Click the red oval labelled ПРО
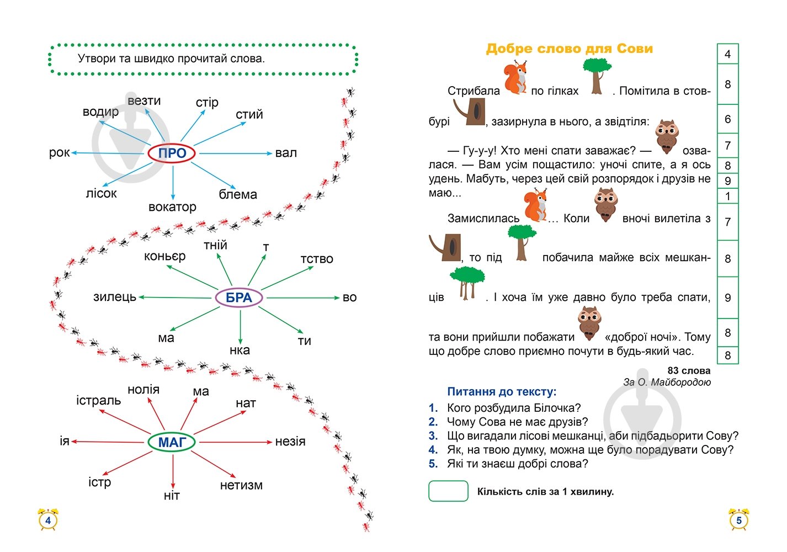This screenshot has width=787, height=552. (x=172, y=153)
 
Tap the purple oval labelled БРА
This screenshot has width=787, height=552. (x=239, y=298)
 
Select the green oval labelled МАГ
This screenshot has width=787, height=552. (x=172, y=442)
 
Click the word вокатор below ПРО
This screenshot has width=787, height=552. (x=172, y=207)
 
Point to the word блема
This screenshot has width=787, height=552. (x=238, y=194)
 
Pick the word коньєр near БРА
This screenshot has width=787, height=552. (x=164, y=256)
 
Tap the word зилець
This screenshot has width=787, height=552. (x=115, y=297)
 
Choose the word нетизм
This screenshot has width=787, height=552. (x=241, y=485)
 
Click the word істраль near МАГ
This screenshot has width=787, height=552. (x=98, y=400)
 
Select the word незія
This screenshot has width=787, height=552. (x=290, y=442)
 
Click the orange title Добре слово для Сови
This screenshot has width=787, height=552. (x=569, y=49)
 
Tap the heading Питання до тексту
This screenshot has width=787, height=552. (x=502, y=392)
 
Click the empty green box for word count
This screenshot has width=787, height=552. (x=448, y=491)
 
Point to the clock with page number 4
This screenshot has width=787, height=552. (x=48, y=520)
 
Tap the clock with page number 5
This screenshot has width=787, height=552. (x=738, y=520)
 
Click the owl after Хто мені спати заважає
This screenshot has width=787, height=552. (x=667, y=136)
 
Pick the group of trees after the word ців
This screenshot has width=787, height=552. (x=467, y=283)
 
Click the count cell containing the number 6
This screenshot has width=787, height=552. (x=727, y=119)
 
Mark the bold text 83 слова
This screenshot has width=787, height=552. (x=689, y=371)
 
